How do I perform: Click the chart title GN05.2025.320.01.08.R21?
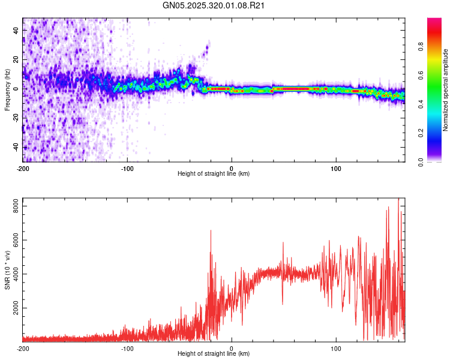coord(214,6)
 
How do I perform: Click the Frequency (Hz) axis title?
coord(7,90)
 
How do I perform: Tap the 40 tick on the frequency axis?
coord(17,29)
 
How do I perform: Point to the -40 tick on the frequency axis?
coord(16,147)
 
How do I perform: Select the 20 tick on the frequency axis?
coord(17,59)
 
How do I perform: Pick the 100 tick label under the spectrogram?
coord(336,167)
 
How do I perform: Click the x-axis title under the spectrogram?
coord(214,174)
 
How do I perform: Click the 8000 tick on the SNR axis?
coord(13,206)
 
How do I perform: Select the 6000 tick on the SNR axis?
coord(13,240)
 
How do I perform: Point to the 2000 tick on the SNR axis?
coord(13,308)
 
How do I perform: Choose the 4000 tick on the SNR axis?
coord(13,274)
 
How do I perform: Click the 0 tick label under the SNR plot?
coord(232,348)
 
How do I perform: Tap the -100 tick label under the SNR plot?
coord(127,348)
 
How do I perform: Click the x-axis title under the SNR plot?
coord(214,354)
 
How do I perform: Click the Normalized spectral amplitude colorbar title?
coord(446,90)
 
